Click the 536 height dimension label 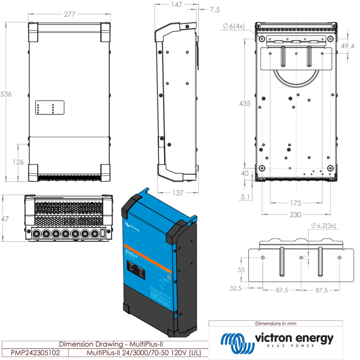tap(6, 94)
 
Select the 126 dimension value tap(18, 162)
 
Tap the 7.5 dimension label tap(214, 10)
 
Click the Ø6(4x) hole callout tap(233, 26)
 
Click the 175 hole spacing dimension tap(296, 203)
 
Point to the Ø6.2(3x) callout tap(324, 225)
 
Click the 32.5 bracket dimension tap(235, 289)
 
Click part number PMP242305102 tap(35, 353)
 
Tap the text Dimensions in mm tap(276, 323)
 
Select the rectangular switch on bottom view tap(103, 233)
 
